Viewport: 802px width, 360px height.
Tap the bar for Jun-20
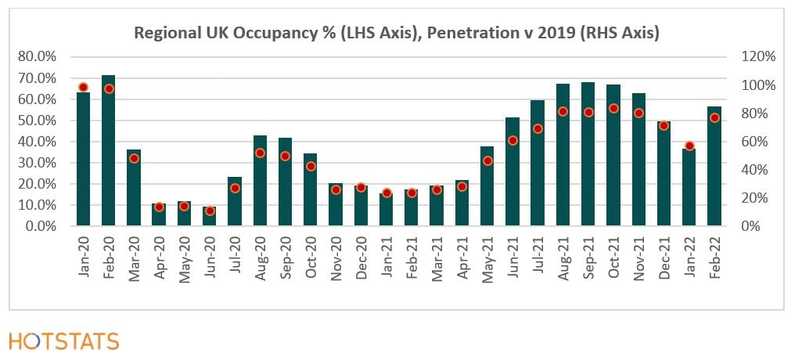[x=210, y=217]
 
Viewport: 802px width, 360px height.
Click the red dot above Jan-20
[x=83, y=87]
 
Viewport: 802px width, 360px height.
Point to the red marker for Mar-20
[x=134, y=158]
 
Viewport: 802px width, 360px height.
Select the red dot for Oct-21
[x=613, y=109]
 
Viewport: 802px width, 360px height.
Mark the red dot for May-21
[x=487, y=161]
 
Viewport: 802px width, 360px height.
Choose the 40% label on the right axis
[x=757, y=170]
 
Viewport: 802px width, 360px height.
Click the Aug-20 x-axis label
[x=261, y=255]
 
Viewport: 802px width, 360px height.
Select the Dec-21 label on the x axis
[x=664, y=255]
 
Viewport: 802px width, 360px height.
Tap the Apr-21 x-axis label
[x=462, y=255]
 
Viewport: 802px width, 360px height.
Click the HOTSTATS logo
[x=64, y=341]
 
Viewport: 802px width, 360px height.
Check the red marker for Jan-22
[x=689, y=146]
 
